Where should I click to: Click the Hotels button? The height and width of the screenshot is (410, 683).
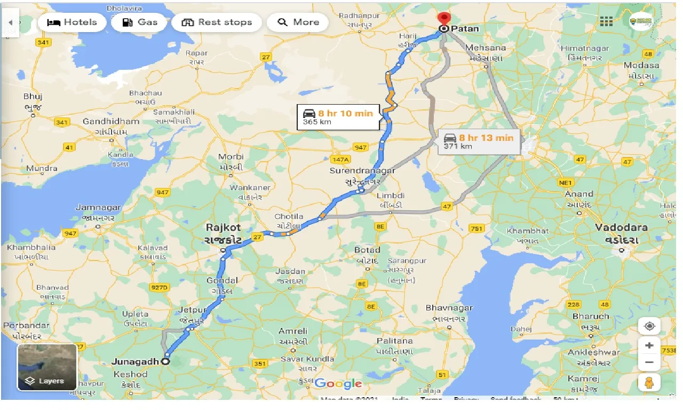pyautogui.click(x=72, y=22)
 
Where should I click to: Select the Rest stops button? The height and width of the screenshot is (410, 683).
pyautogui.click(x=216, y=22)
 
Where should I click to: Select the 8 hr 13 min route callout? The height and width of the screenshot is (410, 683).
pyautogui.click(x=479, y=141)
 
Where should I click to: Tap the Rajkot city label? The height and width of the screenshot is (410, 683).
pyautogui.click(x=224, y=228)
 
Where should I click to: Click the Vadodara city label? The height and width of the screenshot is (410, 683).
pyautogui.click(x=621, y=227)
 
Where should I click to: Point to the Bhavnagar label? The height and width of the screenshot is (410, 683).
pyautogui.click(x=445, y=308)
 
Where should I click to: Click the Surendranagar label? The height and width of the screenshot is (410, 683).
pyautogui.click(x=362, y=171)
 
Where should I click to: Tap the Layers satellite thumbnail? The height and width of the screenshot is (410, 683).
pyautogui.click(x=47, y=367)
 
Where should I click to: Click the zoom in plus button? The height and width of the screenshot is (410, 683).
pyautogui.click(x=649, y=345)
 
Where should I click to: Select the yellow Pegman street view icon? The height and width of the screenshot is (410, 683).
pyautogui.click(x=649, y=382)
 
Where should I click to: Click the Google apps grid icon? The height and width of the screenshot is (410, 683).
pyautogui.click(x=606, y=21)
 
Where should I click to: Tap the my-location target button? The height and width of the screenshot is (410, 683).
pyautogui.click(x=649, y=326)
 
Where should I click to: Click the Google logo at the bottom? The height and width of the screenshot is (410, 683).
pyautogui.click(x=338, y=383)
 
